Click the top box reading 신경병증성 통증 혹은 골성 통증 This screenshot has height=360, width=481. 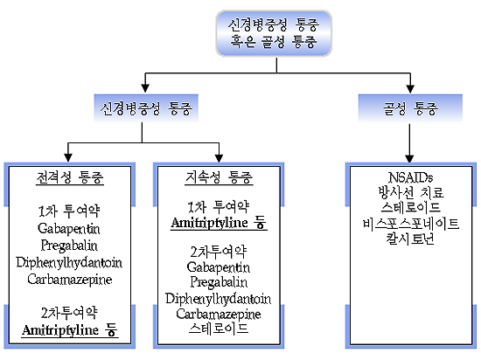point(274,33)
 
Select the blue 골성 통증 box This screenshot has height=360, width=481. point(410,108)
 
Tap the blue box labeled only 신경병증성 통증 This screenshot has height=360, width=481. point(146,108)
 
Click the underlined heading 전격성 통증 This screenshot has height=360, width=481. point(70,177)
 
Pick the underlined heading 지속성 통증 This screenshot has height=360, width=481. point(219,177)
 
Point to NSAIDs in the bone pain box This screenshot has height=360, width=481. point(410,177)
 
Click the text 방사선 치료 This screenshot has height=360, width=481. point(411,192)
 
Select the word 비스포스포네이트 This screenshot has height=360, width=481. point(410,224)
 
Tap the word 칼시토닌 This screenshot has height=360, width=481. point(410,239)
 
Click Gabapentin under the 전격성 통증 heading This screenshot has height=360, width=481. point(69,229)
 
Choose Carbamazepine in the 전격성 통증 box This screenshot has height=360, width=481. point(70,279)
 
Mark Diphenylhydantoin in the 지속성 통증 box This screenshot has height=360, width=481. point(218,299)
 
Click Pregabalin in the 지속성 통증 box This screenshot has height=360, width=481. point(219,282)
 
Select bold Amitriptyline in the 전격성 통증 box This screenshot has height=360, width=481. point(60,330)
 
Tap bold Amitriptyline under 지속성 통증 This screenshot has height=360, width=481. point(209,223)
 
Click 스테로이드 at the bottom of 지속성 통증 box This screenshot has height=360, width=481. point(219,329)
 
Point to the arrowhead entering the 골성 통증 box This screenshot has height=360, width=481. point(410,88)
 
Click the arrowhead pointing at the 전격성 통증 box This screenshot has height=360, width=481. point(68,157)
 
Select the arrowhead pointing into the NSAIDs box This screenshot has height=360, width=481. point(409,158)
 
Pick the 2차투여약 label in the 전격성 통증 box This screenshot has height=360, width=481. point(69,313)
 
